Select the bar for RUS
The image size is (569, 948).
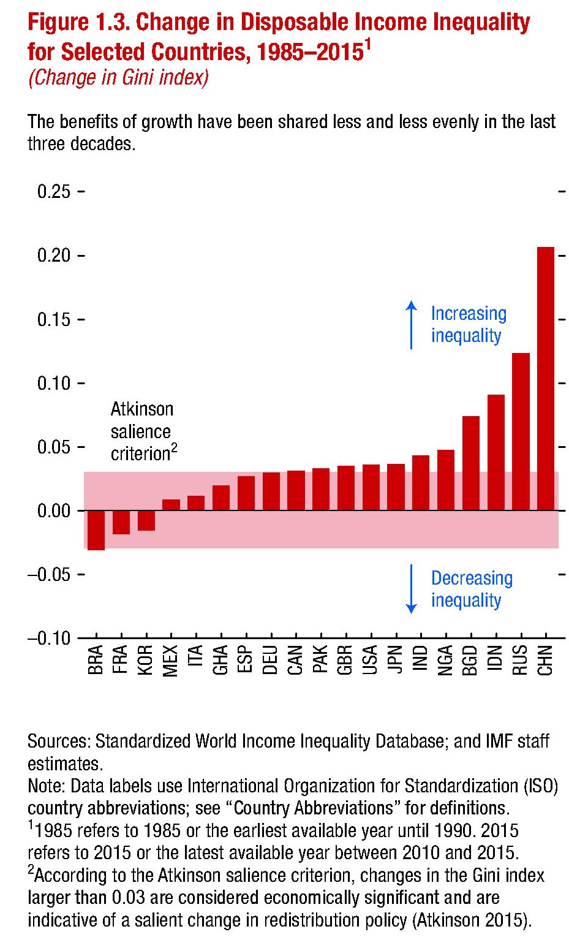(520, 431)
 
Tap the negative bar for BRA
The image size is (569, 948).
(96, 530)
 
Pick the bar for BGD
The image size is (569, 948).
(470, 463)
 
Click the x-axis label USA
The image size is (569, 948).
(370, 660)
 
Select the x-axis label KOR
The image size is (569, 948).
(146, 660)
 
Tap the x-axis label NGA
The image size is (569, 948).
(445, 660)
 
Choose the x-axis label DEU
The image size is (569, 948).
(271, 660)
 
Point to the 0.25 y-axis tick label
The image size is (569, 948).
(53, 192)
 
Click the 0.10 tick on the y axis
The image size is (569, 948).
(53, 384)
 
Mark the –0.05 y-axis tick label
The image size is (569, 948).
(49, 575)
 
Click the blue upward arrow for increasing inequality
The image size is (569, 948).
(412, 325)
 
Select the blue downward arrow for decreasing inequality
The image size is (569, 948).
(412, 589)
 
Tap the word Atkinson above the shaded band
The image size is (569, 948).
(141, 409)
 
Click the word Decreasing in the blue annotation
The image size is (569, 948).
(472, 578)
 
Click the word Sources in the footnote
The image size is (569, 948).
(58, 741)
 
